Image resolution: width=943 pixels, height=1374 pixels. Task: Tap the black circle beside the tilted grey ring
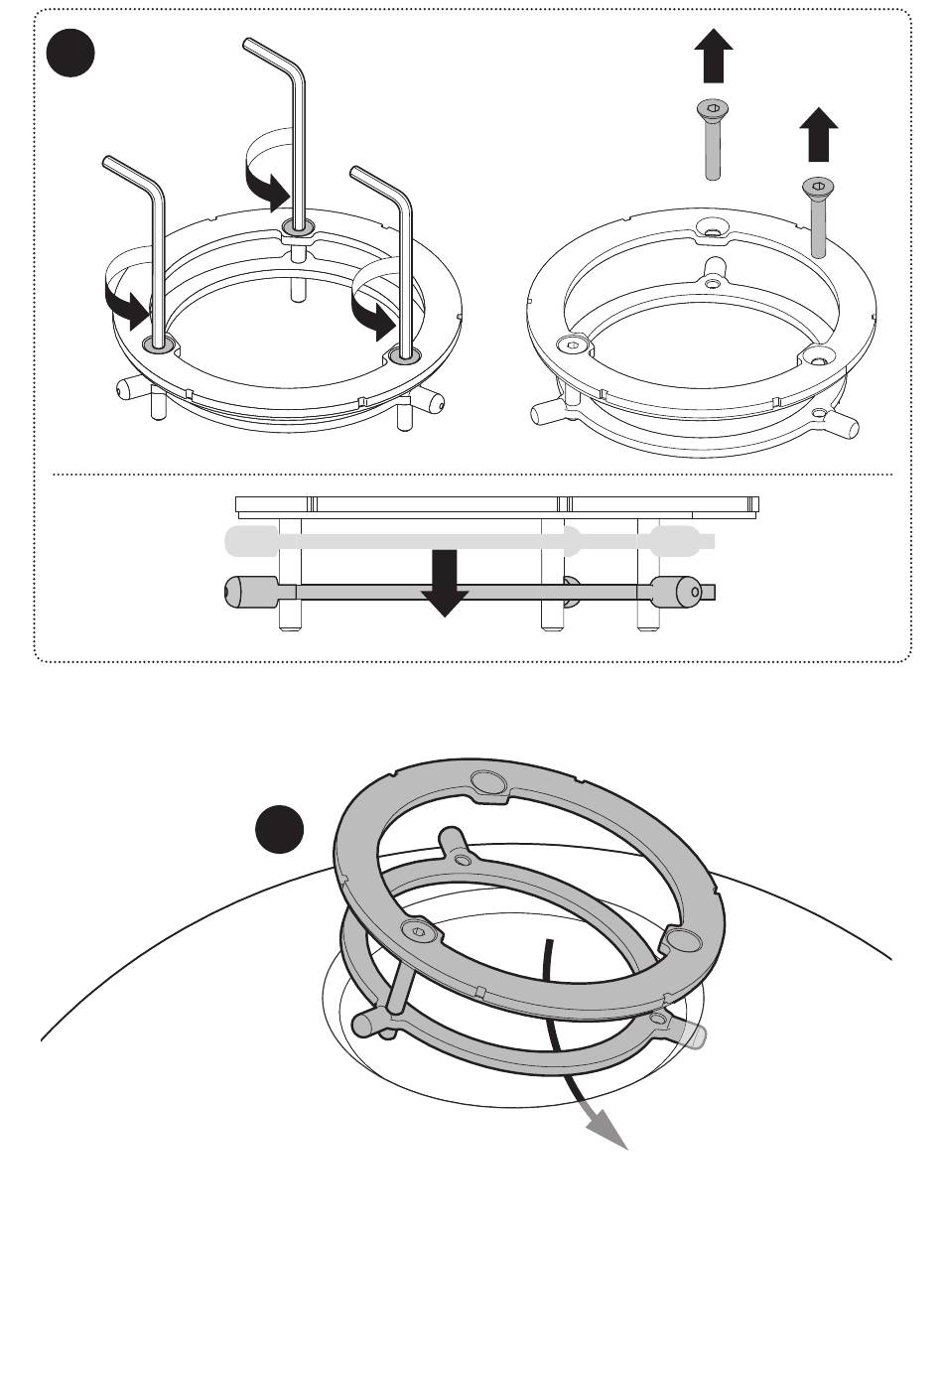(279, 829)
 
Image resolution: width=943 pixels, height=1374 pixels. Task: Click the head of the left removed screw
(713, 107)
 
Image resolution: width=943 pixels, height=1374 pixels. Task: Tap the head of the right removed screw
(818, 186)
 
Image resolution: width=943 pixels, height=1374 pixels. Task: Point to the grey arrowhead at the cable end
(606, 1128)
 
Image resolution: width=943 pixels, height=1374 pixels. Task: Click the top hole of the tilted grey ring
(491, 782)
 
